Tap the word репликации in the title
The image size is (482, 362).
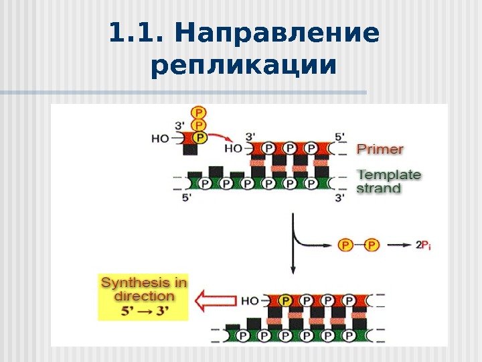coord(243,66)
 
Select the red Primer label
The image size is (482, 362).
coord(380,149)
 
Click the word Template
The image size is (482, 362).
coord(390,175)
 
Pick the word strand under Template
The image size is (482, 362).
coord(379,188)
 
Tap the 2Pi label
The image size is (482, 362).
coord(422,245)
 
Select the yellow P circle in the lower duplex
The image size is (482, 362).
coord(286,301)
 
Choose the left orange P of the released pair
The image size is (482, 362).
coord(345,245)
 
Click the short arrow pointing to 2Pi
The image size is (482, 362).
coord(399,245)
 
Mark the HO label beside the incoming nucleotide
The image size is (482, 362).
coord(161,139)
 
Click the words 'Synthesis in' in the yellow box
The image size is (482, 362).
coord(144,283)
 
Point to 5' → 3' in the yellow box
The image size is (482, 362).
coord(144,310)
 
